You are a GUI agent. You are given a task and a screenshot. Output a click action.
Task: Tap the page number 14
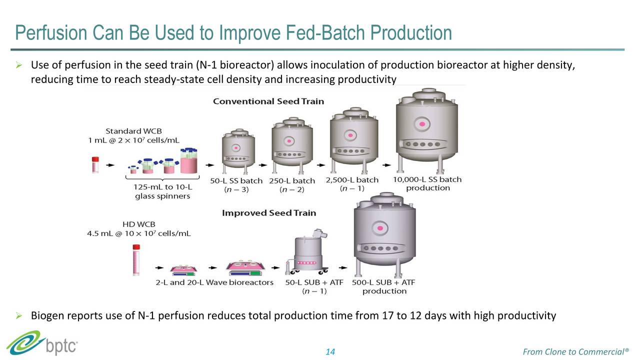(x=330, y=352)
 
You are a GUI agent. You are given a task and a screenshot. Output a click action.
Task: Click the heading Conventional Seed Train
(x=268, y=101)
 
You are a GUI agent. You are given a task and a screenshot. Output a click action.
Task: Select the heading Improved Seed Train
(x=269, y=213)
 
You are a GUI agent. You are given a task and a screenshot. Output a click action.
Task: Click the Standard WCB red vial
(x=95, y=164)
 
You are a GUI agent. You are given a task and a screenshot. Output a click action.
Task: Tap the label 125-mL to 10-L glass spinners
(x=162, y=191)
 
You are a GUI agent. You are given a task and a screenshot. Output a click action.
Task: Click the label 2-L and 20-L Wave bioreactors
(x=214, y=282)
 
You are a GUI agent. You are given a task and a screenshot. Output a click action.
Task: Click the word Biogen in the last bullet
(x=48, y=315)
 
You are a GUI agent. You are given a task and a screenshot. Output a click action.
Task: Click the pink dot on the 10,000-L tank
(x=422, y=123)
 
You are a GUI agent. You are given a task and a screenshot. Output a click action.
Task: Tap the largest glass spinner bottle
(x=188, y=160)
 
